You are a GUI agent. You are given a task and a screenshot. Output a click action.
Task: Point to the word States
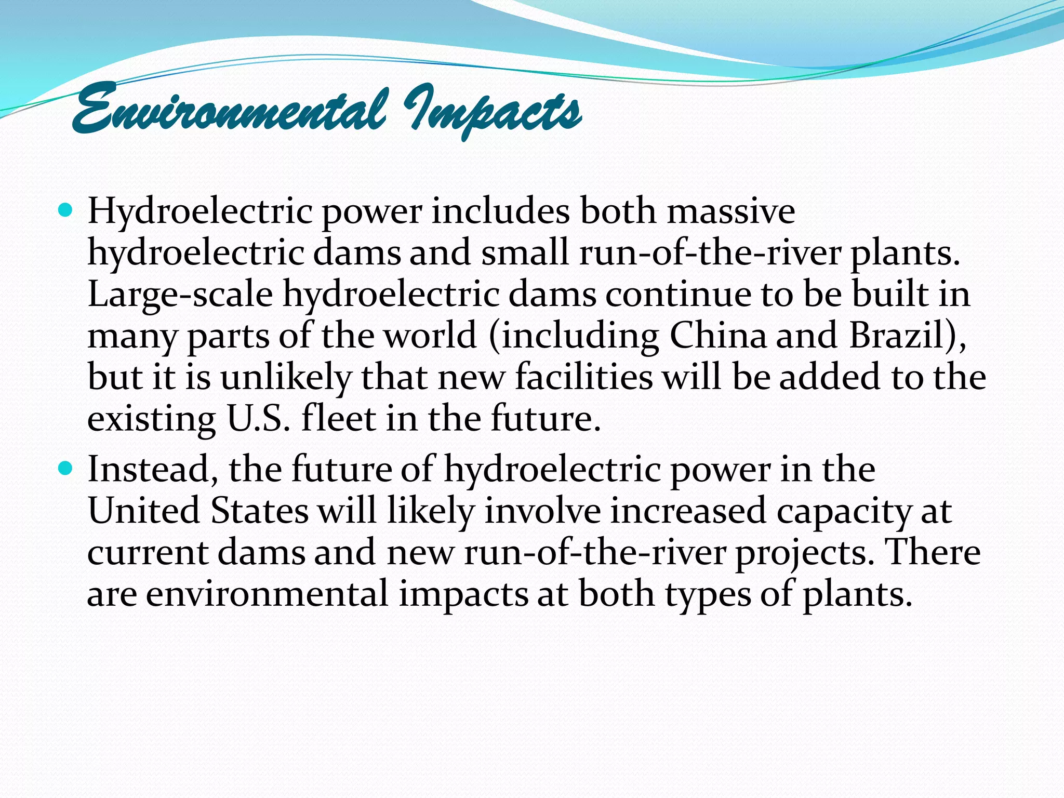click(x=260, y=511)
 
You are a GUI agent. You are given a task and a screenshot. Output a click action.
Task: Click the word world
click(x=430, y=336)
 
